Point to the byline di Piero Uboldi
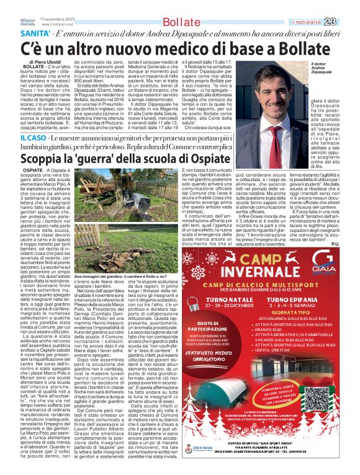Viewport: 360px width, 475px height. point(45,63)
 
